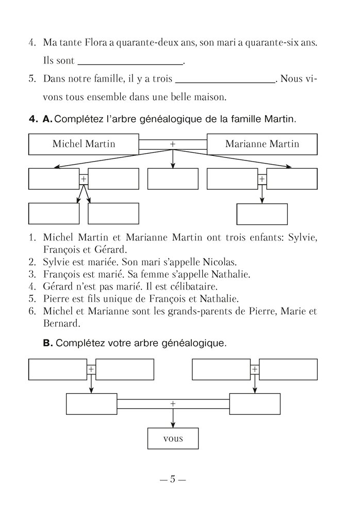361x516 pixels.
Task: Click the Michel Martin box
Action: pyautogui.click(x=84, y=144)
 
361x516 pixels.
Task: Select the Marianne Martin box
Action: pyautogui.click(x=262, y=144)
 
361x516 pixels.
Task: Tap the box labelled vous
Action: pyautogui.click(x=173, y=440)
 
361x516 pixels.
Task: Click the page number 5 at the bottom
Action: pyautogui.click(x=173, y=479)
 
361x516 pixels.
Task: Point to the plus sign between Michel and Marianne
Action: pyautogui.click(x=173, y=143)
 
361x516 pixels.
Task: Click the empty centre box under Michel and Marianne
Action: pyautogui.click(x=173, y=179)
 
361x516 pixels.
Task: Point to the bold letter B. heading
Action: pyautogui.click(x=48, y=343)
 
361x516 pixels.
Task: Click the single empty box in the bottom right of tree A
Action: pyautogui.click(x=261, y=215)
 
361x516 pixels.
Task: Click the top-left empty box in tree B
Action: pyautogui.click(x=57, y=369)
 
